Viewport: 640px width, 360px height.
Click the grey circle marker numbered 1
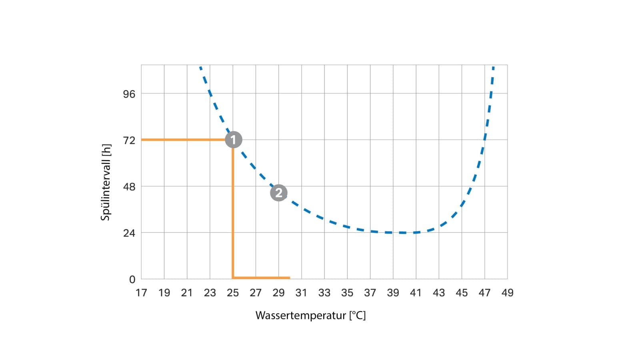[234, 140]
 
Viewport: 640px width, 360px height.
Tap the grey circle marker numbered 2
[279, 193]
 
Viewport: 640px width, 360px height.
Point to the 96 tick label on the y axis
[129, 94]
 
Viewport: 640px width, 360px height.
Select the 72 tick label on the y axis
[129, 140]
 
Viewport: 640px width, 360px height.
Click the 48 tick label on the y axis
[129, 187]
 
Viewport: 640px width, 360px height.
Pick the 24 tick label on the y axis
[129, 233]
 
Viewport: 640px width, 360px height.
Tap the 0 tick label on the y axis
[132, 280]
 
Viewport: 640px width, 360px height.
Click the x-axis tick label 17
[141, 293]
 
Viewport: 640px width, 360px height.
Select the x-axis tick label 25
[233, 293]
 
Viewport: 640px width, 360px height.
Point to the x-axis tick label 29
[278, 293]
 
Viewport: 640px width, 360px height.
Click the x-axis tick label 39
[393, 293]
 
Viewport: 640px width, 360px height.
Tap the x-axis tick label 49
[507, 293]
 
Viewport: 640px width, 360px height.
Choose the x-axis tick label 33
[324, 293]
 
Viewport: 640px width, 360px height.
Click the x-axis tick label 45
[462, 293]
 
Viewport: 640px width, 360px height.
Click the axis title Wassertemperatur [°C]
[310, 316]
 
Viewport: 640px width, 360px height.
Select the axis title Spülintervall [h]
[106, 182]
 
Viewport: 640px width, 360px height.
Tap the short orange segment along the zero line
[262, 278]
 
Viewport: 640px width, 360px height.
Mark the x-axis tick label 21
[187, 293]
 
